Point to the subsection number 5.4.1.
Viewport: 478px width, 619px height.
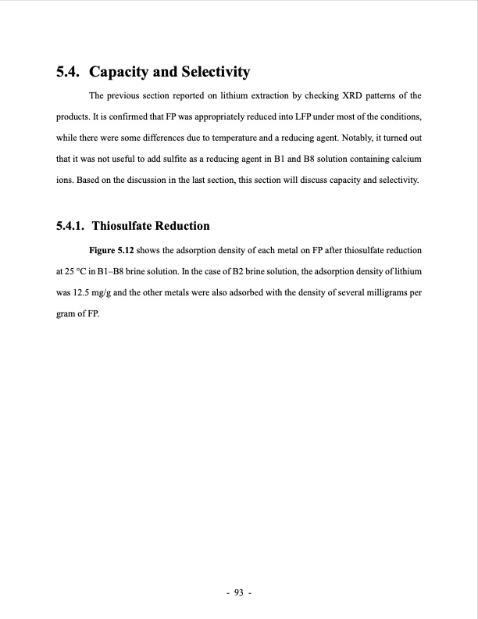pos(71,227)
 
